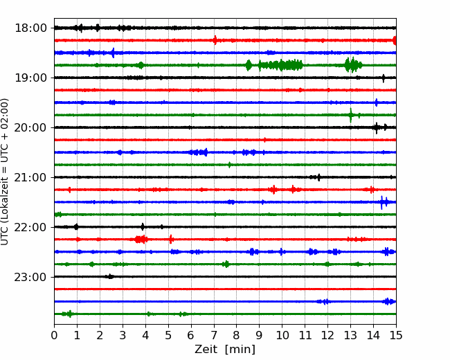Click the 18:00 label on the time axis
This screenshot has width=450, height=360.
30,28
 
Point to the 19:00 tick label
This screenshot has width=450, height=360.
30,78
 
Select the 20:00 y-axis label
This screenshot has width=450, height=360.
30,127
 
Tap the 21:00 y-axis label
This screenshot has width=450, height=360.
30,177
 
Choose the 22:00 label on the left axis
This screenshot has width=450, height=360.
30,227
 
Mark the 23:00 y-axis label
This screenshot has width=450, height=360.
30,277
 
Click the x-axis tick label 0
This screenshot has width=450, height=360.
54,335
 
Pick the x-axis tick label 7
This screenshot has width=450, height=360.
214,335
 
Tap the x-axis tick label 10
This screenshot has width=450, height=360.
282,335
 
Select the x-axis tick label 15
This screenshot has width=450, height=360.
396,335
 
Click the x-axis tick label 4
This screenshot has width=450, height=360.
145,335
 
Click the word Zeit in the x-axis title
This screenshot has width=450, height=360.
206,349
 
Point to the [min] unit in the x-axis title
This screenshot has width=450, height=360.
240,350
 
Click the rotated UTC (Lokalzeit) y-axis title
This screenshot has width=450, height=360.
4,172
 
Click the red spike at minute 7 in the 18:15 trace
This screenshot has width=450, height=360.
215,40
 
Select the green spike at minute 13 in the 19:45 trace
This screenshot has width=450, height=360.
351,115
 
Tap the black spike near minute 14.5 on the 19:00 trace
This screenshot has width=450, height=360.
384,78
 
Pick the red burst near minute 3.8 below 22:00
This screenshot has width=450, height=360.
141,239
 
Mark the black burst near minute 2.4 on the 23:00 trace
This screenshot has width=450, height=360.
109,276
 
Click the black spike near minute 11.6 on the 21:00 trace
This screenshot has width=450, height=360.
318,177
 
